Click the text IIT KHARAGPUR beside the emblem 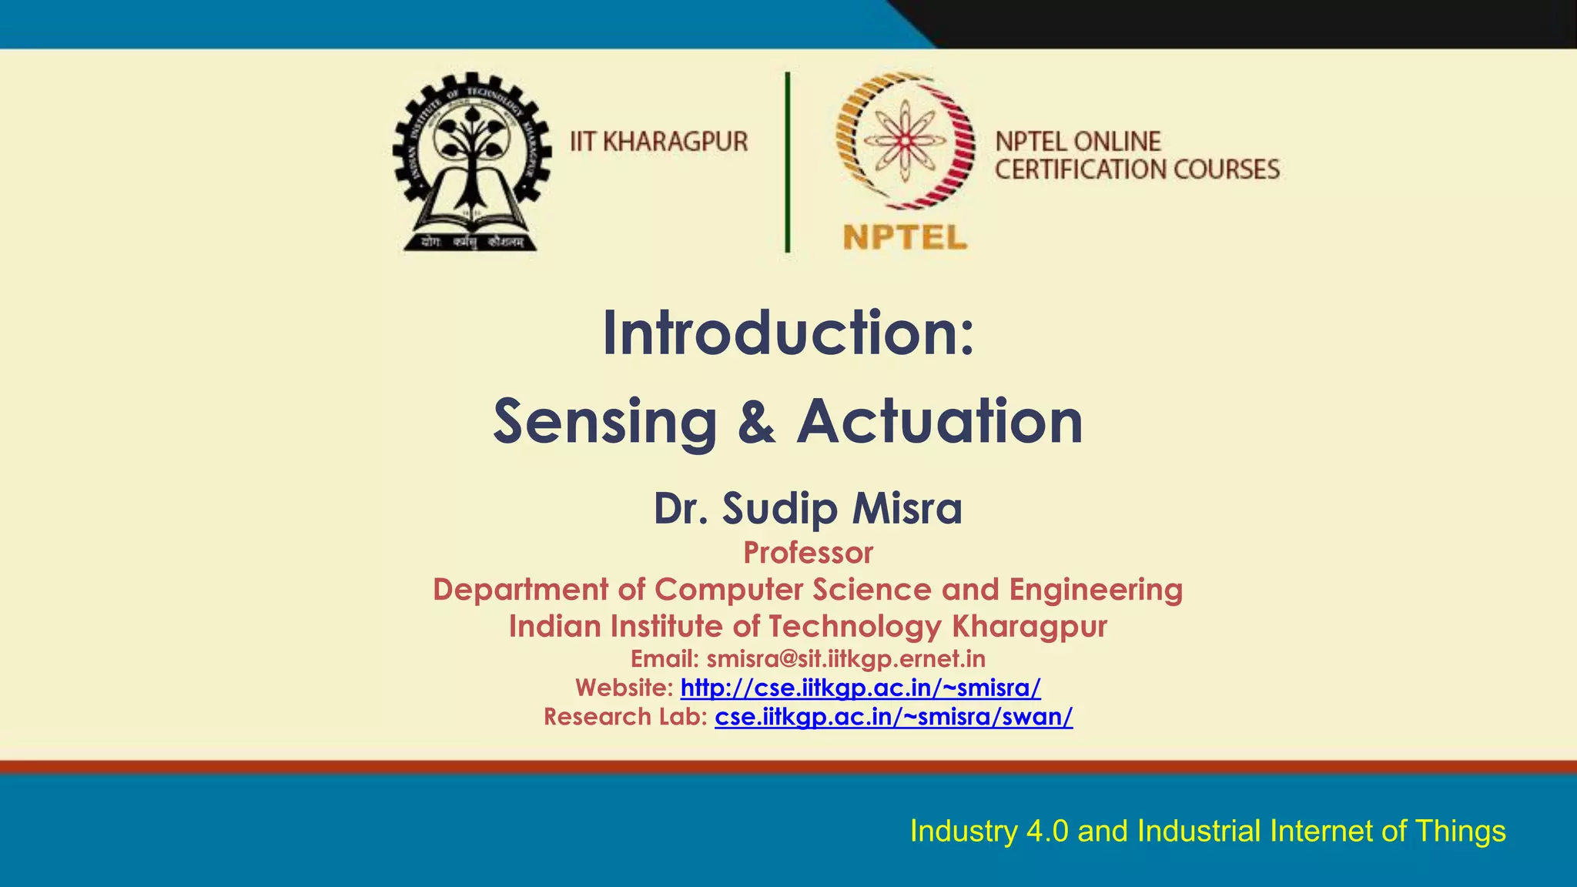click(x=658, y=142)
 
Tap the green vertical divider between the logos click(x=787, y=162)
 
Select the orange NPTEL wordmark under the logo click(x=905, y=237)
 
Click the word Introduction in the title click(x=778, y=333)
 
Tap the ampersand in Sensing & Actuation click(x=756, y=423)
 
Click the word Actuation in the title click(x=939, y=422)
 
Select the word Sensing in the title click(x=605, y=423)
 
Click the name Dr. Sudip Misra click(x=808, y=508)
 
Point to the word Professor click(x=808, y=553)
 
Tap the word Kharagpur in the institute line click(x=1029, y=626)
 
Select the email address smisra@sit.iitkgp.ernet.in click(x=845, y=659)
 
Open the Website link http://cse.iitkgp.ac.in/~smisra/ click(x=860, y=688)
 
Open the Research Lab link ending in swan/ click(x=893, y=717)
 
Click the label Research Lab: click(x=625, y=717)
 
